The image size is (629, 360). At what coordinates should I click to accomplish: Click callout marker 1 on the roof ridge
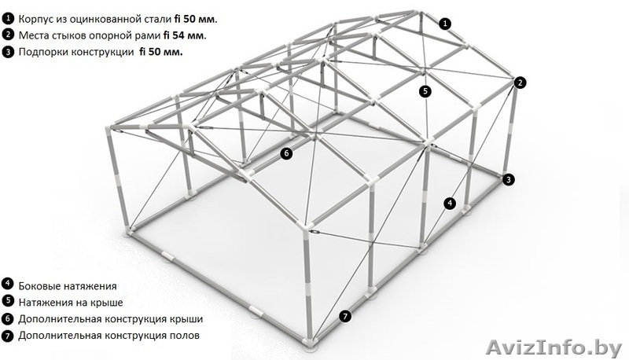point(444,24)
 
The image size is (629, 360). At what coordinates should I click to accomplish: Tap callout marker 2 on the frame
point(520,83)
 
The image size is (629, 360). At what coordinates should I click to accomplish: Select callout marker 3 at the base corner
point(509,179)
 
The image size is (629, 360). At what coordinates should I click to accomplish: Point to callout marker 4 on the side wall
point(450,204)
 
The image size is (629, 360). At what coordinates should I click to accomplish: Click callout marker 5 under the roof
point(425,91)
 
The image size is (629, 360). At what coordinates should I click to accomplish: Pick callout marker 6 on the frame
point(286,153)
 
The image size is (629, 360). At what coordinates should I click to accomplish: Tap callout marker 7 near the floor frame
point(345,316)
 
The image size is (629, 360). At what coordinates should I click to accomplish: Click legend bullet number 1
point(8,18)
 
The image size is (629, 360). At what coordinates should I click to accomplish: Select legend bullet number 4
point(8,284)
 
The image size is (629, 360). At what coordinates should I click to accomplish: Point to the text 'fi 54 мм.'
point(185,35)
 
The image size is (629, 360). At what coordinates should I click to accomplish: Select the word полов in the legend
point(186,336)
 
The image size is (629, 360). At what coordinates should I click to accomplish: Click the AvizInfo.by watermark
point(554,347)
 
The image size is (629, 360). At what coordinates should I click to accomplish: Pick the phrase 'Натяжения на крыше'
point(71,303)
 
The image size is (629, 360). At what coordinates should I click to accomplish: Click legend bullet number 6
point(8,319)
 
